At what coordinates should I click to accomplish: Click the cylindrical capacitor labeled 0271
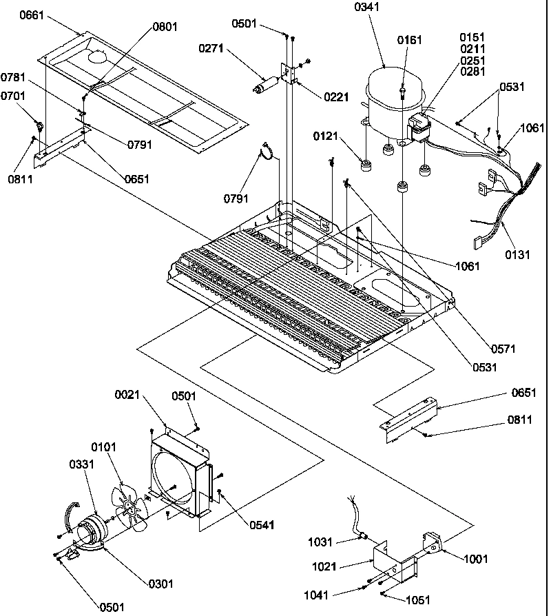click(264, 86)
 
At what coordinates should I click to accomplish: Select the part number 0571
click(503, 349)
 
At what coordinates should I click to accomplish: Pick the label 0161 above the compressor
click(410, 41)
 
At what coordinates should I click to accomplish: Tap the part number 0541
click(262, 525)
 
